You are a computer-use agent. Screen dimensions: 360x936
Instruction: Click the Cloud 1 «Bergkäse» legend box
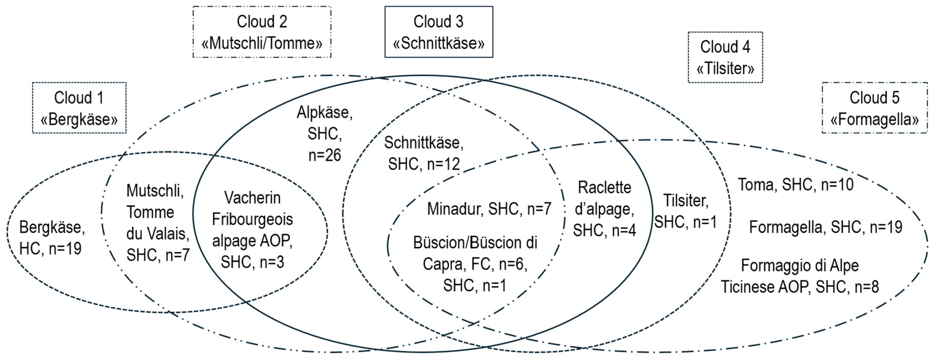point(79,108)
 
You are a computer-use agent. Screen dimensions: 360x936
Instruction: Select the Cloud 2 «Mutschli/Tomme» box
point(262,32)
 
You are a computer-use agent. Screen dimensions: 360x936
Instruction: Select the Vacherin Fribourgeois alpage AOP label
point(252,230)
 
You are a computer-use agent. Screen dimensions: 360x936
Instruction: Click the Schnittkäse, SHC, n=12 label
point(424,153)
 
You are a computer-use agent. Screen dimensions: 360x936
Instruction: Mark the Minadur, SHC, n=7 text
point(489,209)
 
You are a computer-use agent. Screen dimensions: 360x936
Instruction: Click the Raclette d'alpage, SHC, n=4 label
point(604,209)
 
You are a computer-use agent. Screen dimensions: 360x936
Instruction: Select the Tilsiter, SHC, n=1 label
point(685,211)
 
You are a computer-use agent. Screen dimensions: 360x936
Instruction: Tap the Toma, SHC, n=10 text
point(795,185)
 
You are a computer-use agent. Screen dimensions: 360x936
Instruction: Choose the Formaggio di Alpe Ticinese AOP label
point(800,276)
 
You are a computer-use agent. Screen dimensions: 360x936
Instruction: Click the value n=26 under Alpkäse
point(325,155)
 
